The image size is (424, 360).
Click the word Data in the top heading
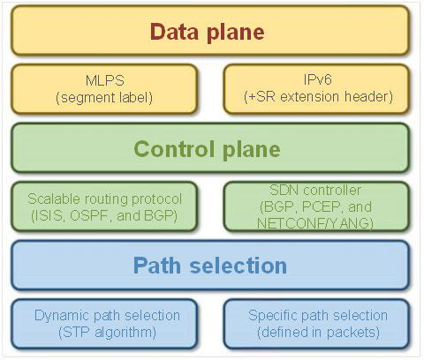[x=174, y=32]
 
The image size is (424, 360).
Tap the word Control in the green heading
[x=174, y=149]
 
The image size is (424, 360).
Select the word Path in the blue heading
[x=157, y=266]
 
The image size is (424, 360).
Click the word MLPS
[x=105, y=80]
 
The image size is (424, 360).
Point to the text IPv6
[x=318, y=79]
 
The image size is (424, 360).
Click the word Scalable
[x=54, y=199]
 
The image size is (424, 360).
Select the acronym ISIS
[x=49, y=215]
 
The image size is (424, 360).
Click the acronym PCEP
[x=322, y=206]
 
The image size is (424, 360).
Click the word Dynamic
[x=62, y=316]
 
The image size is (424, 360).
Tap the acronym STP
[x=76, y=333]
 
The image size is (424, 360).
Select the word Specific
[x=273, y=316]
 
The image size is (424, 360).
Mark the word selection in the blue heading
[x=238, y=266]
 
